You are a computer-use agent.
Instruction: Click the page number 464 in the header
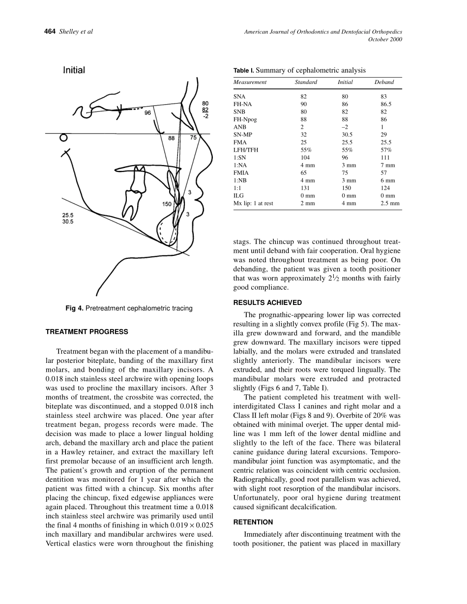(50, 32)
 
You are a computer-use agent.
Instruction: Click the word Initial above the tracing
(74, 70)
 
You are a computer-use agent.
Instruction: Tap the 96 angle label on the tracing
(147, 113)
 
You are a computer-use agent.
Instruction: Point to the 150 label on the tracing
(168, 204)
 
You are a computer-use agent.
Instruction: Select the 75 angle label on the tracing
(193, 138)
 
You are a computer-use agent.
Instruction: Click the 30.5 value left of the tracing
(68, 221)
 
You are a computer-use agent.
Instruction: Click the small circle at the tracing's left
(62, 138)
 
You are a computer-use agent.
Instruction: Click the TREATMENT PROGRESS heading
(87, 332)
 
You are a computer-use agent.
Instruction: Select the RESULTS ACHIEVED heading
(267, 302)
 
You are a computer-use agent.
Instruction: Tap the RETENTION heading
(253, 522)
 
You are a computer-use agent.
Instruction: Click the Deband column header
(384, 82)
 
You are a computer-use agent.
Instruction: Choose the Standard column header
(306, 82)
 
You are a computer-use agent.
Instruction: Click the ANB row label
(240, 127)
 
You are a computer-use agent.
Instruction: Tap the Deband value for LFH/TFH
(386, 150)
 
